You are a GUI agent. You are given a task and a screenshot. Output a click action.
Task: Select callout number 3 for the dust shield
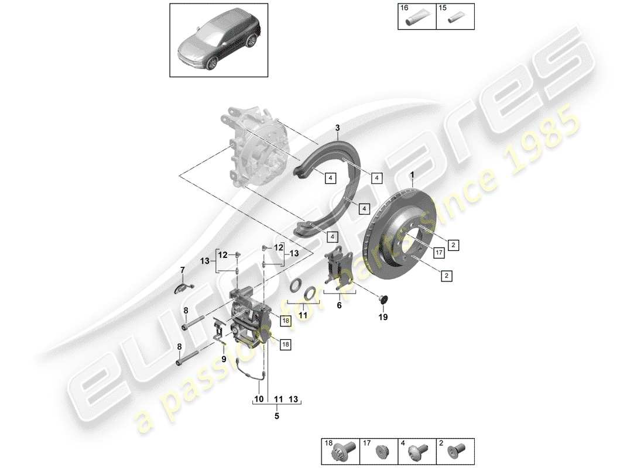338,128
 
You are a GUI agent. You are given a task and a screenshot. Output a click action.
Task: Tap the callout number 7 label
182,270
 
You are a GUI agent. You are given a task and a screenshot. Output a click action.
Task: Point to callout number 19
383,318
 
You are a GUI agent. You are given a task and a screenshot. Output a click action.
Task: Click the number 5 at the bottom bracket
277,417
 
